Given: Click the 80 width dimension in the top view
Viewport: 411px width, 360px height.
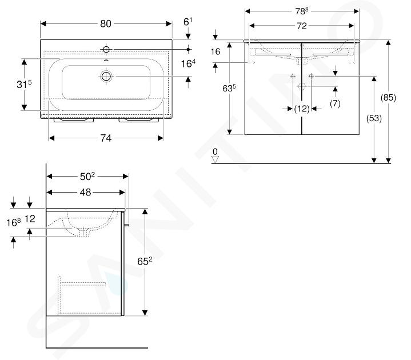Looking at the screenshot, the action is click(x=106, y=24).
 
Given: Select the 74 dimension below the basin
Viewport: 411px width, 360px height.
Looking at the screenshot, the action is click(x=106, y=138).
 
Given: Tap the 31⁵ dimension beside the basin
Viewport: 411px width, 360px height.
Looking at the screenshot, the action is click(x=24, y=84).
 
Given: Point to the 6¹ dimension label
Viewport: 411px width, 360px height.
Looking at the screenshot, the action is click(x=187, y=22).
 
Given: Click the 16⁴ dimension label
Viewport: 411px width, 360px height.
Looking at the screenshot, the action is click(x=188, y=63).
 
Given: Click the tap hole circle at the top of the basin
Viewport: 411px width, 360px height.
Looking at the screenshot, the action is click(x=106, y=49).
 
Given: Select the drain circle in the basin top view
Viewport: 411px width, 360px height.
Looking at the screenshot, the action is click(x=106, y=76).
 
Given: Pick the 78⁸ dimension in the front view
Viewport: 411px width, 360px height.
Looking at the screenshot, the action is click(x=302, y=11).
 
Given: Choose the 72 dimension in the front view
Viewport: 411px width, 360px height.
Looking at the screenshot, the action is click(x=302, y=26).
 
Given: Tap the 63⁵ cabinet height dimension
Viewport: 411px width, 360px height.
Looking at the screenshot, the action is click(x=229, y=88).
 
